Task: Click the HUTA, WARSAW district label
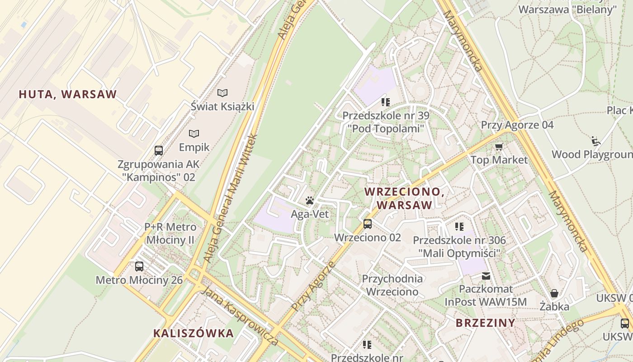[x=68, y=94]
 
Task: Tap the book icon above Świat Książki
[x=222, y=93]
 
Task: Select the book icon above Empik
[x=194, y=133]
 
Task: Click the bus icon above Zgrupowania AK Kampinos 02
[x=158, y=150]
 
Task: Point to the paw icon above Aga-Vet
[x=310, y=200]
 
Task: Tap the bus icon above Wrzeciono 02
[x=368, y=224]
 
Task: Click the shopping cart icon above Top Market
[x=499, y=147]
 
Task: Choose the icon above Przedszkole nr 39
[x=385, y=102]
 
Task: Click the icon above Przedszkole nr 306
[x=459, y=226]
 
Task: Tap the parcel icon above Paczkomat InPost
[x=486, y=276]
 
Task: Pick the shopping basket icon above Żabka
[x=554, y=293]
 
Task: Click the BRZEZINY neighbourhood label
[x=486, y=323]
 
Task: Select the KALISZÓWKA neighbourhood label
[x=194, y=333]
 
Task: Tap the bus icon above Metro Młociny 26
[x=139, y=267]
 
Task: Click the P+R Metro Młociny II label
[x=170, y=233]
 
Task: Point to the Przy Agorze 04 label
[x=517, y=125]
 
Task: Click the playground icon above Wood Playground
[x=595, y=141]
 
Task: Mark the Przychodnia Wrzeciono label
[x=392, y=285]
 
